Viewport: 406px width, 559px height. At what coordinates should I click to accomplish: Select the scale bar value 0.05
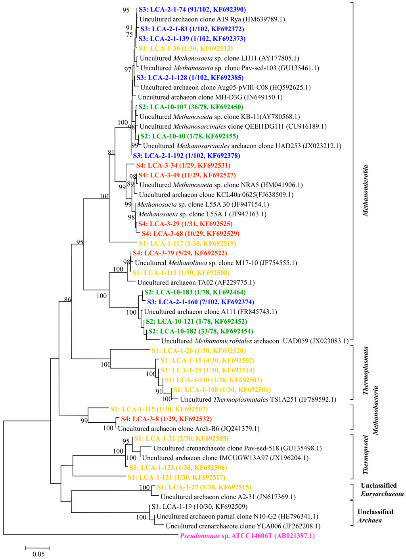click(x=38, y=554)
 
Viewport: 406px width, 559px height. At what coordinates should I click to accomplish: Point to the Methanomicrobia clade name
click(x=365, y=190)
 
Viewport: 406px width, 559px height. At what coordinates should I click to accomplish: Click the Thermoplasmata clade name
click(x=366, y=370)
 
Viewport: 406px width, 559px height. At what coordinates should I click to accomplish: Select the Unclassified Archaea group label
click(x=375, y=516)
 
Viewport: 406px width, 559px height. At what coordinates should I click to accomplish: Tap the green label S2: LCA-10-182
click(x=200, y=331)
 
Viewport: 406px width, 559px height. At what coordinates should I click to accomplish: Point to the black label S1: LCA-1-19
click(x=199, y=506)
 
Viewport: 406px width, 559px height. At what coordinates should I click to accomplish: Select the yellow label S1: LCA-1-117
click(x=187, y=243)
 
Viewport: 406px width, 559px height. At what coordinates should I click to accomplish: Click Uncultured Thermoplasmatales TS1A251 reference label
click(x=258, y=399)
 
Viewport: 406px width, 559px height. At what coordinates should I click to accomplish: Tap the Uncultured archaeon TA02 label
click(x=196, y=282)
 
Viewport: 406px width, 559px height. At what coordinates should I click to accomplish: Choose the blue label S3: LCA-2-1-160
click(x=201, y=302)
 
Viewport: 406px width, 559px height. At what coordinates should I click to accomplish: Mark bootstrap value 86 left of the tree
click(x=67, y=300)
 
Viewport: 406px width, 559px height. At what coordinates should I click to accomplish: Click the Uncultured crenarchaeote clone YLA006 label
click(x=243, y=526)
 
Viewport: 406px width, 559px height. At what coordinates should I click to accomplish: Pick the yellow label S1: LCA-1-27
click(x=204, y=487)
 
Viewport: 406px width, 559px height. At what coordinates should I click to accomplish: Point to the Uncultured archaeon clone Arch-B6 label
click(x=189, y=429)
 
